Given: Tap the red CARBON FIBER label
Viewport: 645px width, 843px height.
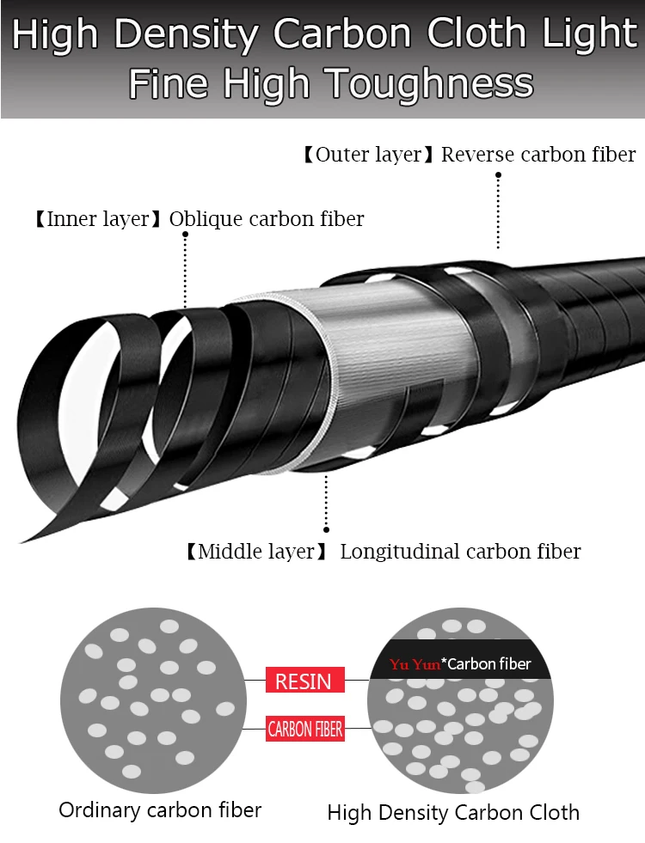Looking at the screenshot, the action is tap(305, 729).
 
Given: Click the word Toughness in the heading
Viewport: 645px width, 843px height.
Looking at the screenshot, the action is tap(430, 84).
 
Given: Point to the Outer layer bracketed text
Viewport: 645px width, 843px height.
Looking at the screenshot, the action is tap(368, 155).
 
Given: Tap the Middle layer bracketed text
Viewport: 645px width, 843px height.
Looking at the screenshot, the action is tap(256, 552).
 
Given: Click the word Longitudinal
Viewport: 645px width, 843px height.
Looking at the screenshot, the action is tap(400, 552).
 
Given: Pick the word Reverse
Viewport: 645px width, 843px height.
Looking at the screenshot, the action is tap(477, 155).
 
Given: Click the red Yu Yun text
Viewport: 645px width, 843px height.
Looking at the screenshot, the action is tap(415, 664).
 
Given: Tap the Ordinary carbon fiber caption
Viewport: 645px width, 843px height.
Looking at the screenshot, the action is tap(160, 810).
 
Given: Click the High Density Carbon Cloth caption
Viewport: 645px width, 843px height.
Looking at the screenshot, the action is tap(453, 812).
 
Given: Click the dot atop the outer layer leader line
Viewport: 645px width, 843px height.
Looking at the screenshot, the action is tap(498, 175).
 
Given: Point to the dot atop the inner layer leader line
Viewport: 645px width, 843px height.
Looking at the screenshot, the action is tap(185, 235).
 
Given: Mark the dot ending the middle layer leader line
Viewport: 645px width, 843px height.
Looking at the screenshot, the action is tap(326, 529).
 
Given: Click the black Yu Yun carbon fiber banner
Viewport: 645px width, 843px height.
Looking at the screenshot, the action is tap(460, 659).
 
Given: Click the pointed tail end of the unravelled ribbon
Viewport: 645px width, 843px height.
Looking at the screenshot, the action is tap(21, 541).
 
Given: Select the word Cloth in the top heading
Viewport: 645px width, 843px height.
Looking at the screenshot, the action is tap(476, 34).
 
